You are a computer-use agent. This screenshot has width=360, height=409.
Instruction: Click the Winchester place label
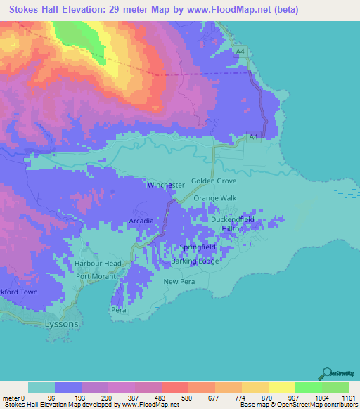166,185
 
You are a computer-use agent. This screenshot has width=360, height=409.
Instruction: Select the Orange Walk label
216,199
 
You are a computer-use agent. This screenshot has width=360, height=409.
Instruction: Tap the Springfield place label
197,249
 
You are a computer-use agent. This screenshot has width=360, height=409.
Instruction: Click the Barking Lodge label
195,261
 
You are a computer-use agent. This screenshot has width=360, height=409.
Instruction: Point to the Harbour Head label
98,264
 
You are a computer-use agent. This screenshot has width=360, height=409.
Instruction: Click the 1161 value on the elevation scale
348,397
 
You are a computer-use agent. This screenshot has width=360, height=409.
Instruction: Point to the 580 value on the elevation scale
188,397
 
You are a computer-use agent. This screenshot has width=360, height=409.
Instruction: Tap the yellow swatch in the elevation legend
282,387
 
